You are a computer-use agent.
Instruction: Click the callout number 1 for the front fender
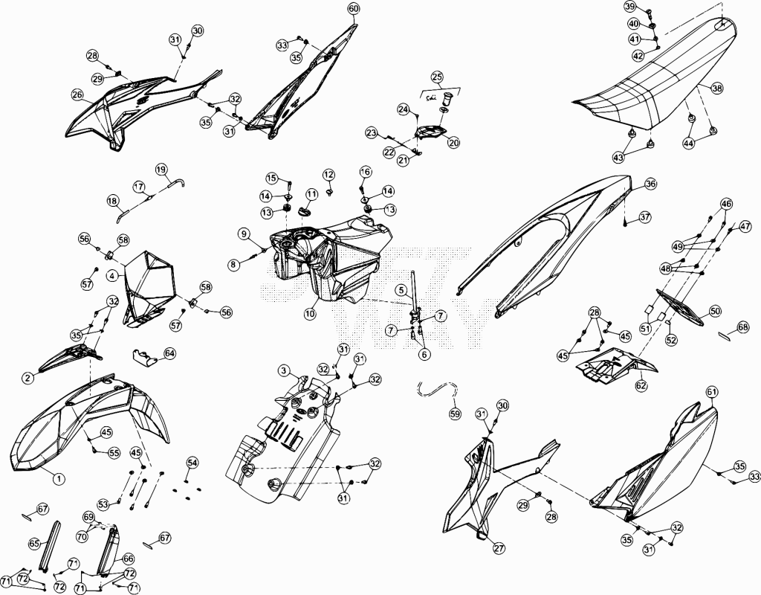click(58, 479)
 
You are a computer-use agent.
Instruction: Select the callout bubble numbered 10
click(310, 314)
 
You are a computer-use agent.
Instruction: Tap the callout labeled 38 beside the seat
click(717, 89)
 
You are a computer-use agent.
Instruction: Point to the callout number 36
click(650, 184)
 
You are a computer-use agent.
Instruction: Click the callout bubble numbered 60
click(353, 9)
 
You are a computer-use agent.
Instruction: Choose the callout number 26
click(77, 94)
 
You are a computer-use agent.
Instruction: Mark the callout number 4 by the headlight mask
click(113, 276)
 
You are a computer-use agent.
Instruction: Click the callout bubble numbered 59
click(456, 414)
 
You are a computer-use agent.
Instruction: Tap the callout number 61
click(712, 391)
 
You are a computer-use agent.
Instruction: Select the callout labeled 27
click(499, 548)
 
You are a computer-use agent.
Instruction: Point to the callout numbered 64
click(170, 353)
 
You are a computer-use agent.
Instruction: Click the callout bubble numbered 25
click(437, 77)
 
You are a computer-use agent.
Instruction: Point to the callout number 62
click(641, 386)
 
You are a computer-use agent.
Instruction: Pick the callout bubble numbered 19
click(161, 170)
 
